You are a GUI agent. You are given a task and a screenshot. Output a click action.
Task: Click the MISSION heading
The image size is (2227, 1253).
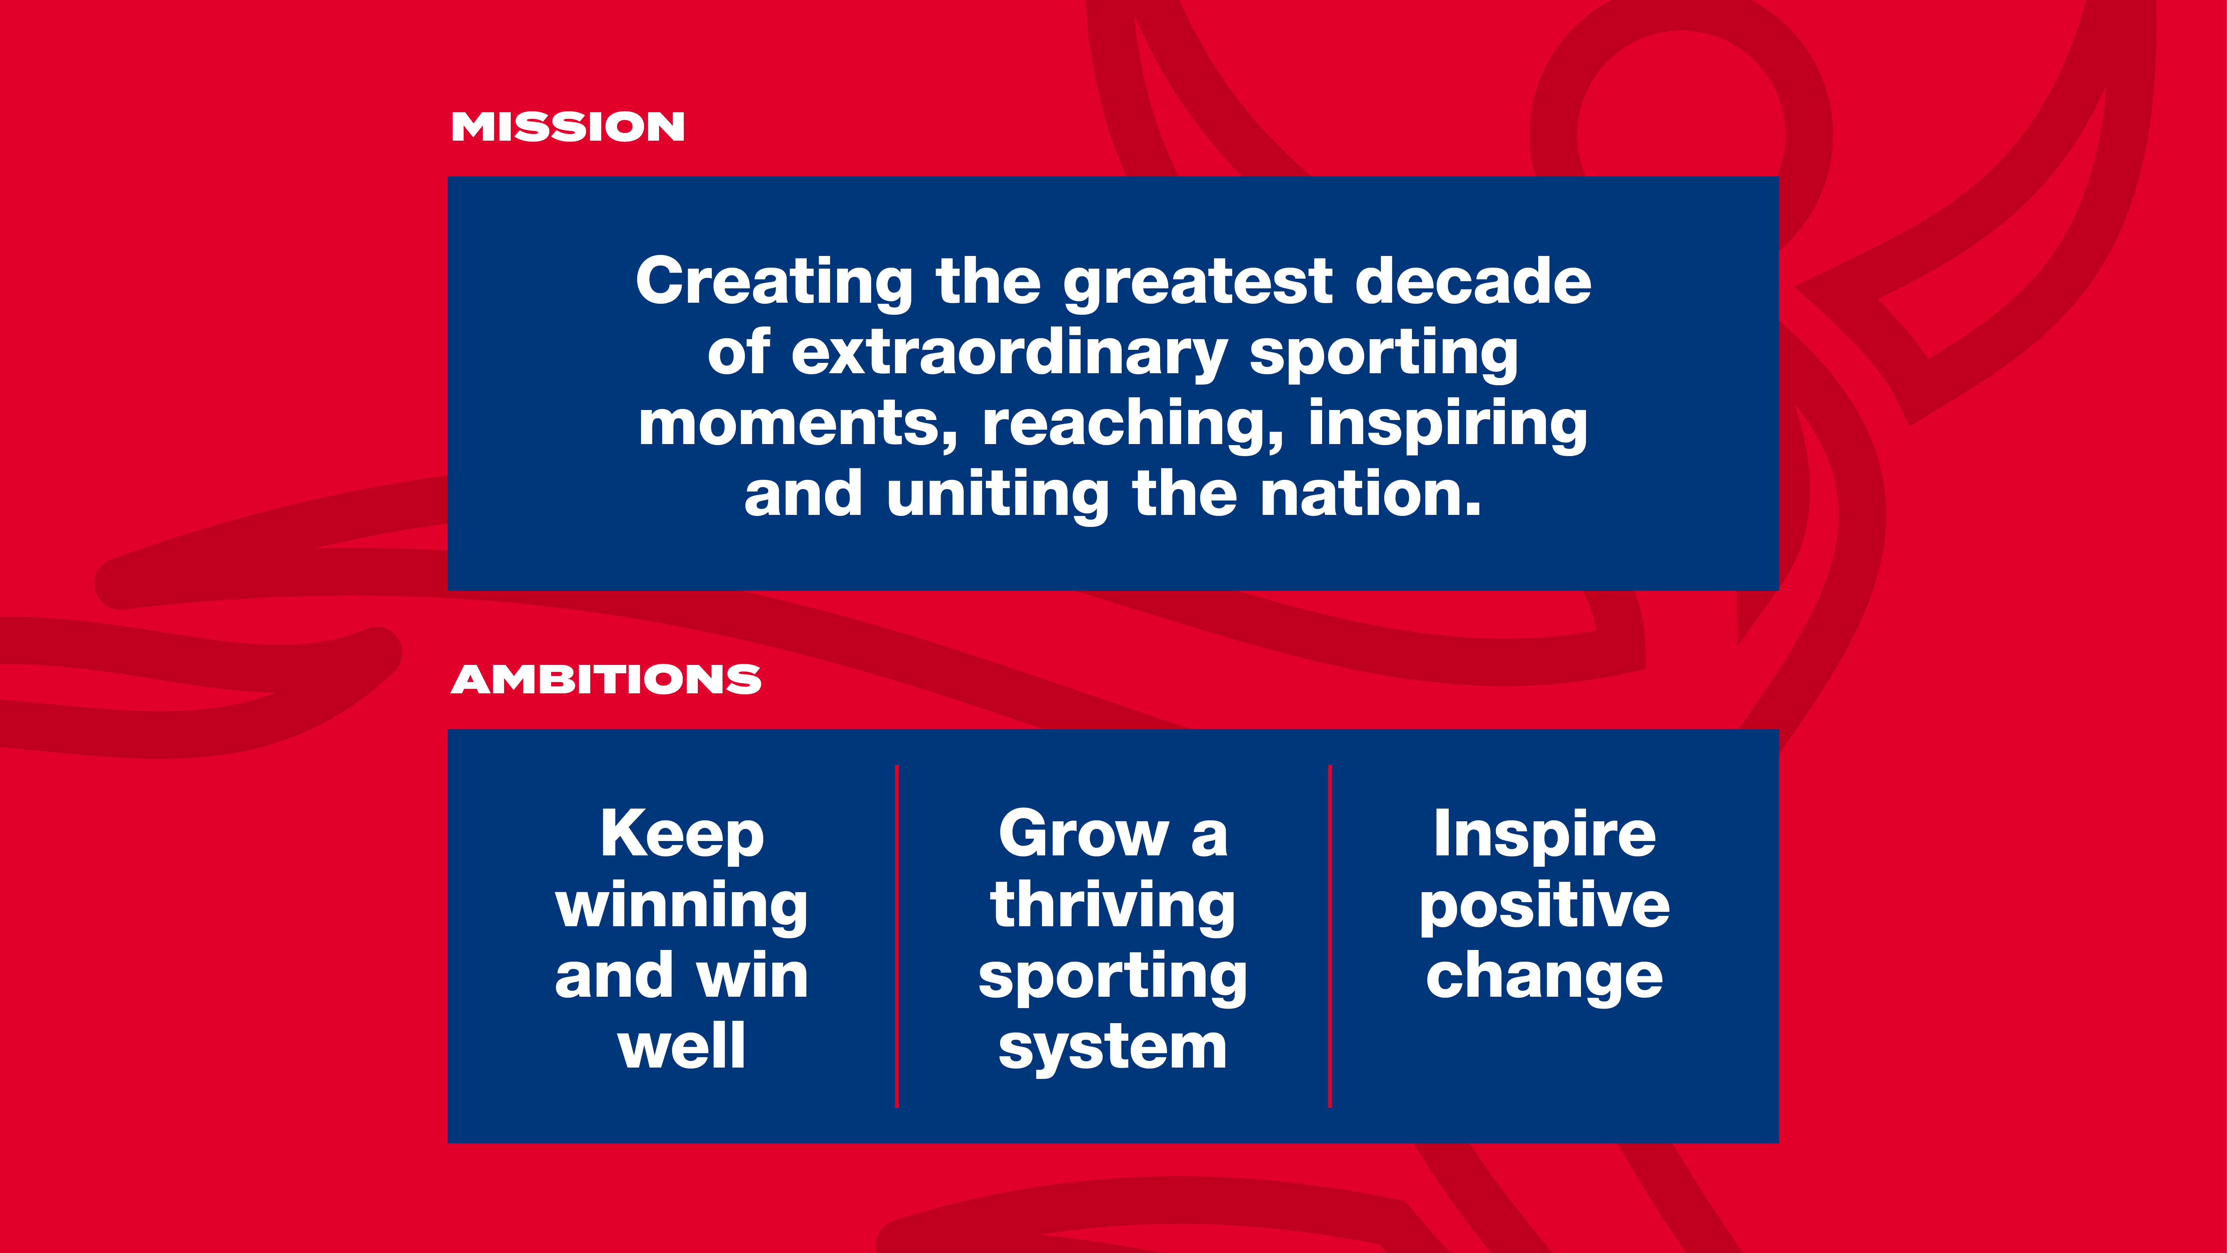click(568, 127)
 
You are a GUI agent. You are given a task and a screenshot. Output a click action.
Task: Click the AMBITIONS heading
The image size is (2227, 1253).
click(606, 680)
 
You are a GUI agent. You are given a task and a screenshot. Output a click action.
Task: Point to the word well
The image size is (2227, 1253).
click(682, 1046)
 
